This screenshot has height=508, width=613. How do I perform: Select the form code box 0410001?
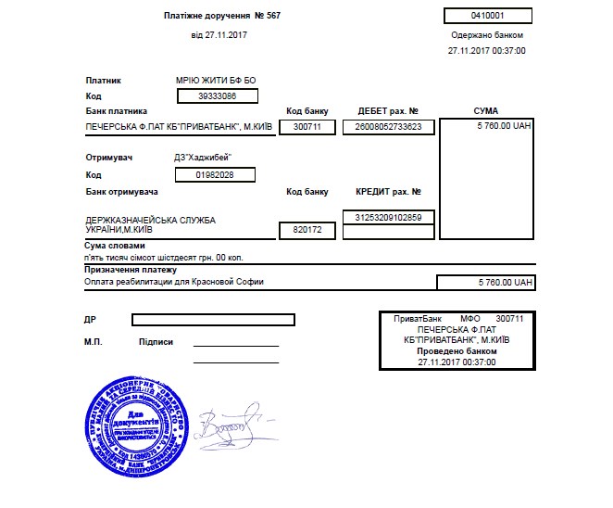coord(487,16)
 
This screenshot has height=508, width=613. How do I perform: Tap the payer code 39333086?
coord(215,95)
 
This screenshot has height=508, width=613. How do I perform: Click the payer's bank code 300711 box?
coord(306,127)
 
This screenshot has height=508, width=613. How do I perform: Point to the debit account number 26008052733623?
coord(388,127)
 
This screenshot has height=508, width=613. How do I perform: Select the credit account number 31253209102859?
coord(388,217)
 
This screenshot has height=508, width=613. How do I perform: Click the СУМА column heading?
coord(485,111)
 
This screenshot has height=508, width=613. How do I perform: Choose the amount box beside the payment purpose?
coord(486,282)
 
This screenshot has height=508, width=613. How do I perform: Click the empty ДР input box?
coord(213,320)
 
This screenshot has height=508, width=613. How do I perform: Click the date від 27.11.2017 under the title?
coord(219,35)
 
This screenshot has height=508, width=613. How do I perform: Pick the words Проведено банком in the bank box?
coord(457,351)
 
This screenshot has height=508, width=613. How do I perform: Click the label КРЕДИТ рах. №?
coord(388,192)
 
